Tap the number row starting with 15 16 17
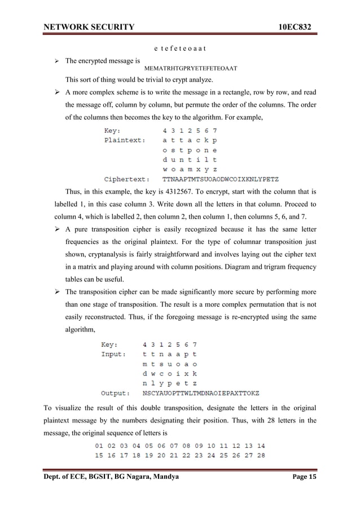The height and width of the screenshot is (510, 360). [181, 455]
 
